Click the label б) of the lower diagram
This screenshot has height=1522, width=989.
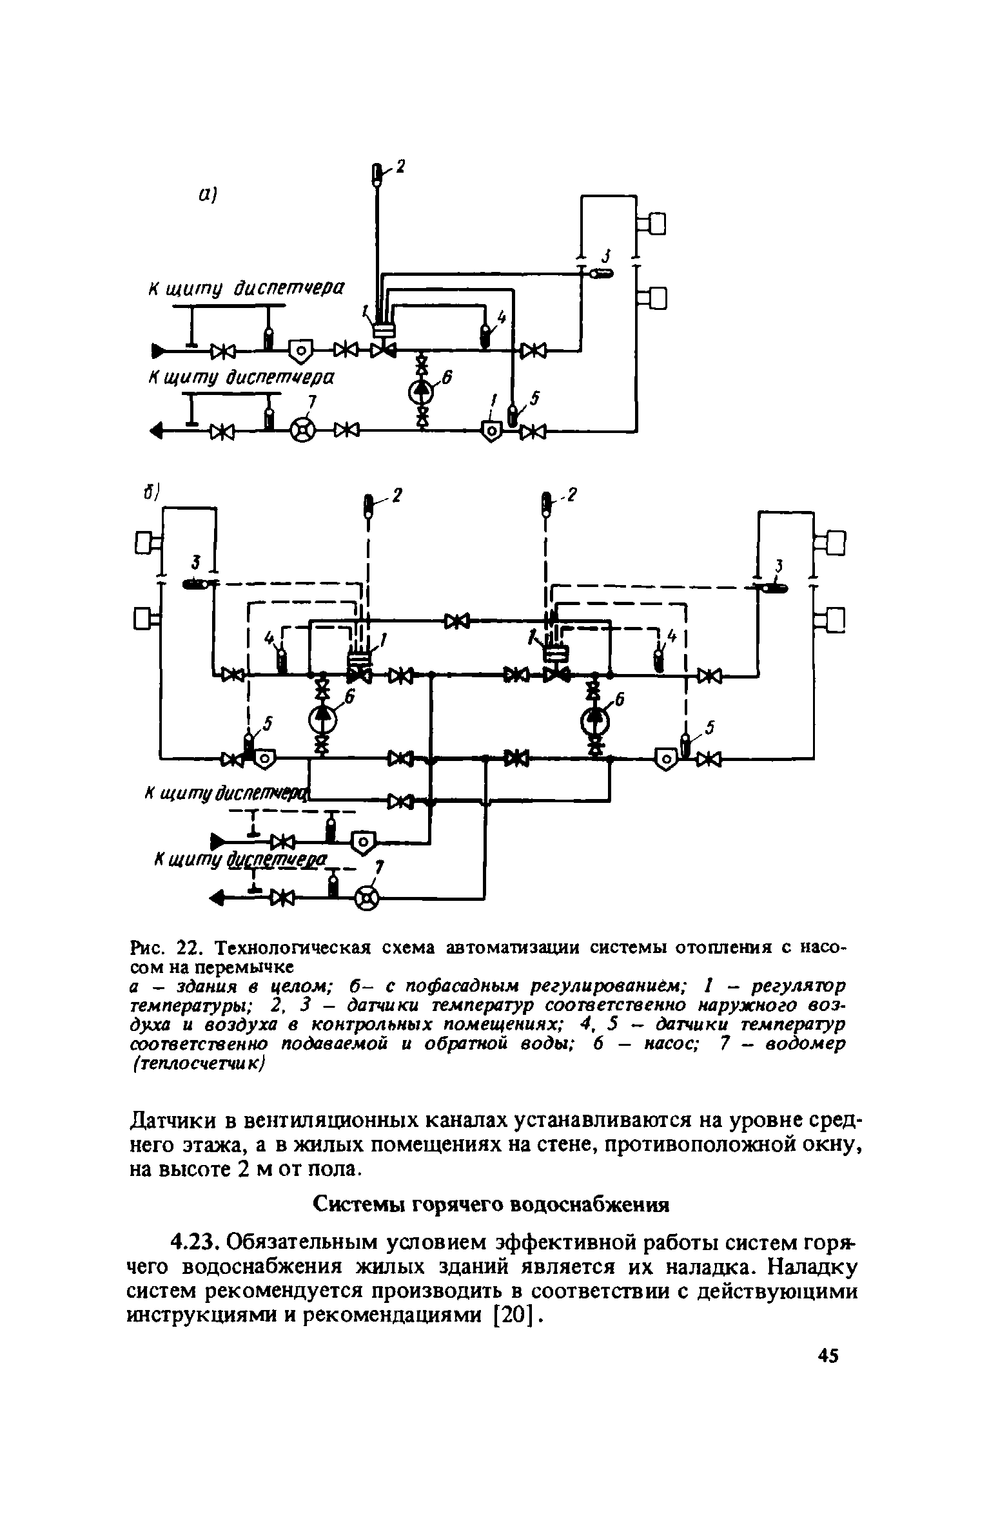pos(151,492)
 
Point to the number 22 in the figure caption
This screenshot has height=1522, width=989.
pos(186,949)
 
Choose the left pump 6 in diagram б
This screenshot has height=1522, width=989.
pos(321,718)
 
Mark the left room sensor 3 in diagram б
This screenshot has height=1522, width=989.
pos(195,584)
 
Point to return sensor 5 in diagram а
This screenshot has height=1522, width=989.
pos(513,414)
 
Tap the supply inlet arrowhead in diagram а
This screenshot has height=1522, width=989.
pos(157,351)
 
